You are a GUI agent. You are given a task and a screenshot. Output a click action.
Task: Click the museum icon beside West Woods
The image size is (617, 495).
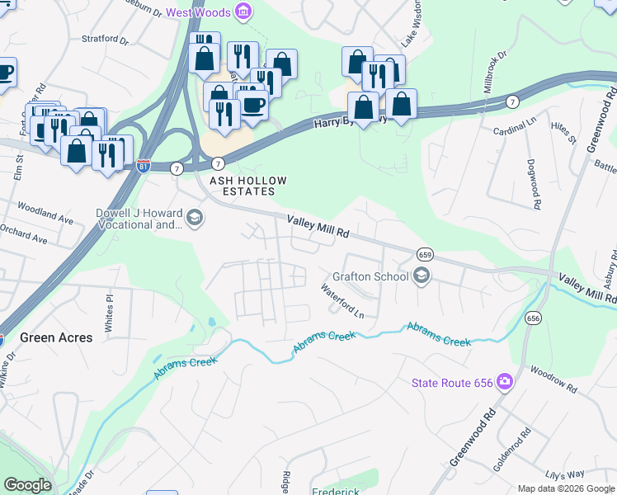pyautogui.click(x=244, y=12)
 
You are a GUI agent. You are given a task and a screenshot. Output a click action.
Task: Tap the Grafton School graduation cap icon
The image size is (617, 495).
pyautogui.click(x=422, y=276)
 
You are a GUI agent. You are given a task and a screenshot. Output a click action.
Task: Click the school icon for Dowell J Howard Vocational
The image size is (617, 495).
pyautogui.click(x=195, y=219)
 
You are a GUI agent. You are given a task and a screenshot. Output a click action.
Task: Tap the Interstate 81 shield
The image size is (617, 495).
pyautogui.click(x=144, y=166)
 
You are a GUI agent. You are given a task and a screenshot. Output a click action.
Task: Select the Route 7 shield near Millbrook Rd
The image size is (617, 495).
pyautogui.click(x=513, y=102)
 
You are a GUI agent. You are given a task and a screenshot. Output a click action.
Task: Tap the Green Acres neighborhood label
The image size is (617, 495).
pyautogui.click(x=56, y=337)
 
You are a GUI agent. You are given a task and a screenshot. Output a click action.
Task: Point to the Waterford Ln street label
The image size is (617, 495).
pyautogui.click(x=342, y=300)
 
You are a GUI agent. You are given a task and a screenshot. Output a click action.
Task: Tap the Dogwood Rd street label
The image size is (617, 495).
pyautogui.click(x=534, y=182)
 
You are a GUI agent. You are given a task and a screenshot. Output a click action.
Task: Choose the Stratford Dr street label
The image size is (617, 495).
pyautogui.click(x=106, y=39)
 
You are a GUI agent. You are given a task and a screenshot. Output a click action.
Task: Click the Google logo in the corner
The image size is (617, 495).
pyautogui.click(x=27, y=485)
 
